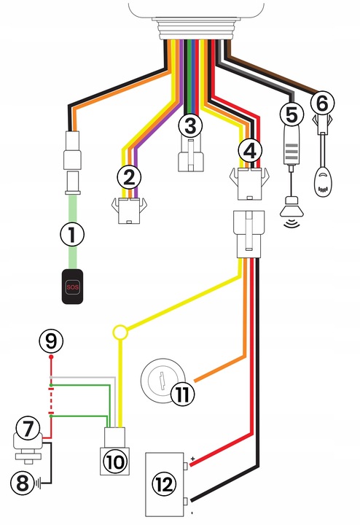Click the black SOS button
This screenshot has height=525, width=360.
click(x=72, y=287)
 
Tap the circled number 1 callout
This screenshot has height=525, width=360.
click(x=72, y=234)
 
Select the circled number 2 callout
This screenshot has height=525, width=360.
click(x=129, y=177)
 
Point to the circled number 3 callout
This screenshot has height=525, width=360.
click(x=190, y=126)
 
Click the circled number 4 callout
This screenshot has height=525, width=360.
click(x=250, y=151)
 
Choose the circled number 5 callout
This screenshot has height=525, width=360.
click(x=292, y=114)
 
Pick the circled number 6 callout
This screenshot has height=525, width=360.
click(x=322, y=103)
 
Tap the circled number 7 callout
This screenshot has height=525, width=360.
click(x=28, y=428)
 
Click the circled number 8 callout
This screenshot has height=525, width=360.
click(x=23, y=483)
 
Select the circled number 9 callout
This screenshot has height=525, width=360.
click(x=51, y=341)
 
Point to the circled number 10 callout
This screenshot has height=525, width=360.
click(x=115, y=462)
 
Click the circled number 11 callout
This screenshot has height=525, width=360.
click(x=182, y=394)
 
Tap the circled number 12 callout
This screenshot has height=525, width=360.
click(x=164, y=484)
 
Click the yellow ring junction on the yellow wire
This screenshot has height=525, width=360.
click(x=120, y=332)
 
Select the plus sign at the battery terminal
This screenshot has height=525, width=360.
click(x=192, y=459)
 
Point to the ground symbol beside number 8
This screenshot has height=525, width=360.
click(x=38, y=483)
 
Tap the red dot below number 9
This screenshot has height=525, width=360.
click(x=51, y=357)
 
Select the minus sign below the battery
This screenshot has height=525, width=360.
click(x=192, y=513)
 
